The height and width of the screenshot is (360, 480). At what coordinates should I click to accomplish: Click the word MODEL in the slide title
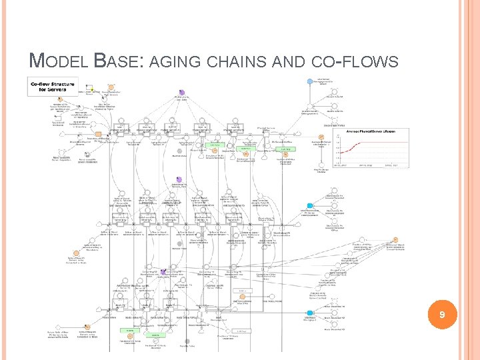tap(57, 62)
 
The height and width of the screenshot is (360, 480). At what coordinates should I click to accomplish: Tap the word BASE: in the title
tap(119, 62)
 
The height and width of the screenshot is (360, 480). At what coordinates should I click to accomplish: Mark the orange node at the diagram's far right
tap(395, 241)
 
